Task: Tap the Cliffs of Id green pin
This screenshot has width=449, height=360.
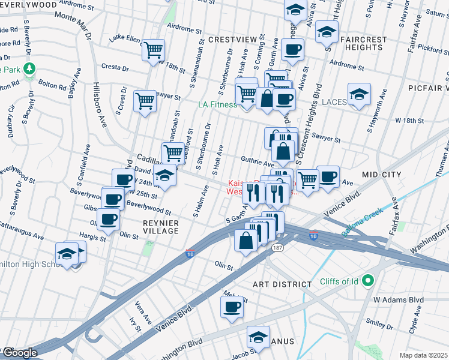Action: [x=369, y=280]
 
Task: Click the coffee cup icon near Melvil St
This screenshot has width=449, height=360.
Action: [x=232, y=308]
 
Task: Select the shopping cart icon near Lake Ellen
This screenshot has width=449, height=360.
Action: [x=154, y=49]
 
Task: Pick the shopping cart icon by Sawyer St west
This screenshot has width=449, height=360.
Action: [x=145, y=100]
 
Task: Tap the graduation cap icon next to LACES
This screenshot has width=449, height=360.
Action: [x=359, y=94]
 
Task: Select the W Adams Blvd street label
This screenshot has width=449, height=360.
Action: [x=399, y=299]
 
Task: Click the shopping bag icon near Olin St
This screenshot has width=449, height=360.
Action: [x=246, y=241]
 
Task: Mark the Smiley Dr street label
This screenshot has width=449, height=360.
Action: [x=379, y=325]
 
